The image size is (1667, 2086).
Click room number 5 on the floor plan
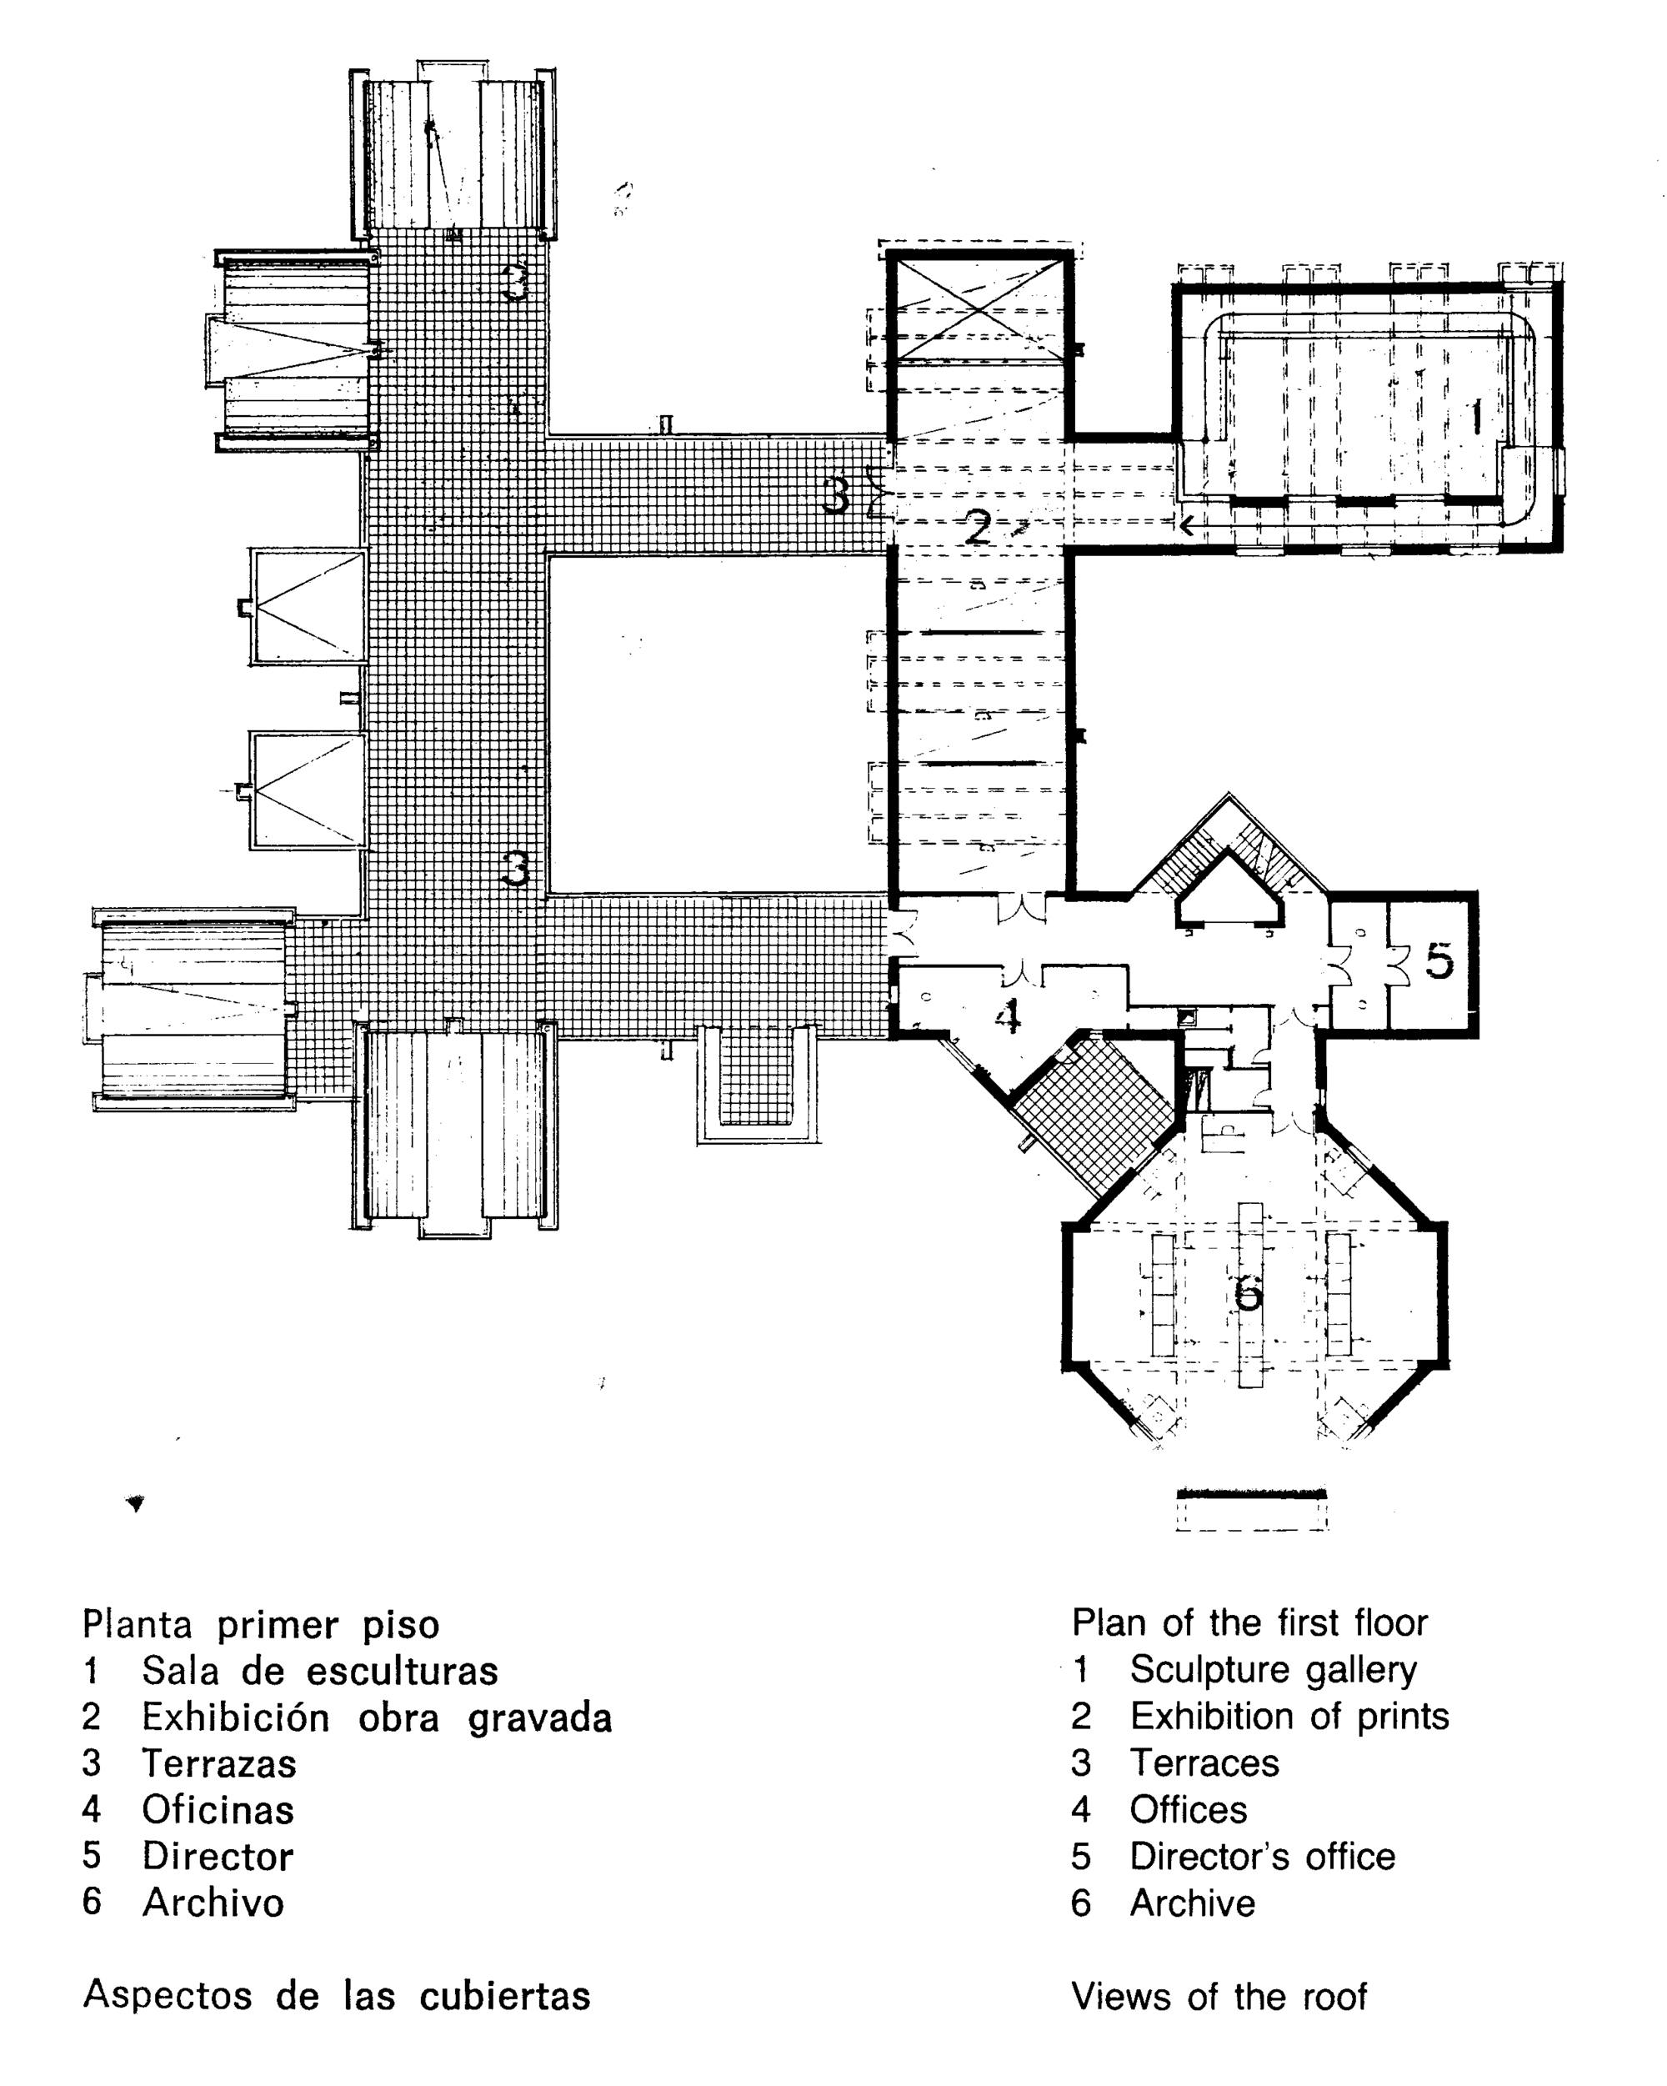click(1438, 960)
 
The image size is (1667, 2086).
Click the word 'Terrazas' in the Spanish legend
click(218, 1763)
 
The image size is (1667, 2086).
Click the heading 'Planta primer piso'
click(260, 1623)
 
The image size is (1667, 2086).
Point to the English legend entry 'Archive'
click(1192, 1903)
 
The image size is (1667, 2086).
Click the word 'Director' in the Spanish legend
click(218, 1856)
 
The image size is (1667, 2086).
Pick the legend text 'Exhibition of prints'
click(1289, 1716)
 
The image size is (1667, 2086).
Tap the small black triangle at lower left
click(137, 1502)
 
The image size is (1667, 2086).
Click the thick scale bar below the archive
click(1251, 1495)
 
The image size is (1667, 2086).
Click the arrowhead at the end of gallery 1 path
click(1185, 525)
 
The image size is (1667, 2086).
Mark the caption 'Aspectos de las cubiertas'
click(336, 1995)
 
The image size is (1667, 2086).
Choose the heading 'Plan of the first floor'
click(1249, 1622)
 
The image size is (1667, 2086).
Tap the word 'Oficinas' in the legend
click(218, 1809)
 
